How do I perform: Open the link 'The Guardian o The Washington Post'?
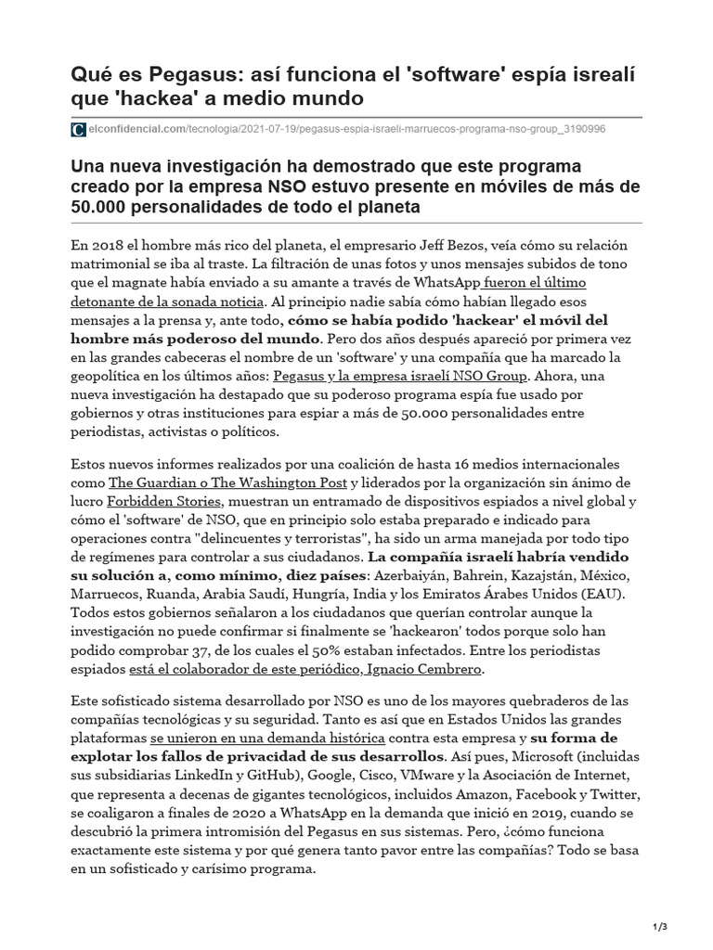[x=227, y=482]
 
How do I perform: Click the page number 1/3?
[x=659, y=925]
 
